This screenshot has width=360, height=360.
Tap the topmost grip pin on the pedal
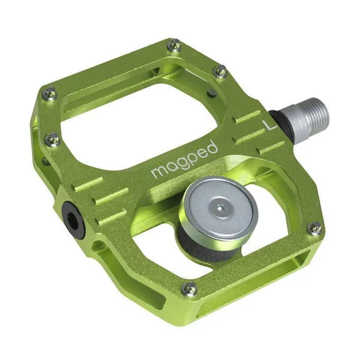coord(174,47)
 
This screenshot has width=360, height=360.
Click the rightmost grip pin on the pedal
coord(316,228)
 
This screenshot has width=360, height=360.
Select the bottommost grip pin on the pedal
coord(189,289)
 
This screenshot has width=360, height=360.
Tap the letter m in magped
coord(157,173)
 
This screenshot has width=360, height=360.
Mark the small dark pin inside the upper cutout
coord(212,93)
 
